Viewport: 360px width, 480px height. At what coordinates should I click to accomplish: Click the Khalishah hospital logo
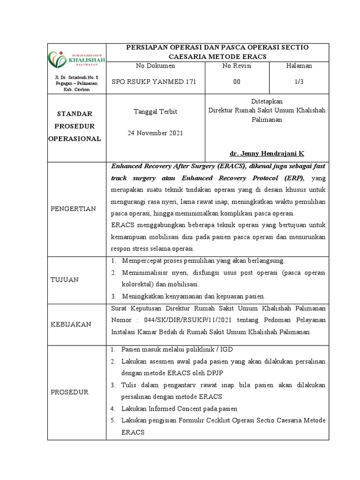77,59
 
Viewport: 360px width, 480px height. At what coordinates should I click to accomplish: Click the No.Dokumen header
155,66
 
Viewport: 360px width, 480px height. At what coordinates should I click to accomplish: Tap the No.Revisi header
237,66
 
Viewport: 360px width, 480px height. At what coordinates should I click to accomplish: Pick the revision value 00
237,82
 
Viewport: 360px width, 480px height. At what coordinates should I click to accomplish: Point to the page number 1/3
299,82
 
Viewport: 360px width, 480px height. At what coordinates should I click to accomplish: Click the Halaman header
299,66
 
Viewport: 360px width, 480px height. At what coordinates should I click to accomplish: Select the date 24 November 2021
155,133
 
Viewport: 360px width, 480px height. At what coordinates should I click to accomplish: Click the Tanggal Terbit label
155,111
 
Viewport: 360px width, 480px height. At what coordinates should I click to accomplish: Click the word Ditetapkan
267,101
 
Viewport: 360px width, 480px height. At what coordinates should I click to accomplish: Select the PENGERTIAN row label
74,208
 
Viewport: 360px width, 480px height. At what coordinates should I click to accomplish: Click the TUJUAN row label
64,279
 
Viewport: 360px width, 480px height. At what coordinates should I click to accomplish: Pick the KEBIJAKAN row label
71,324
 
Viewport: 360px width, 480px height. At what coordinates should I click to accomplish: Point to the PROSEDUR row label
70,392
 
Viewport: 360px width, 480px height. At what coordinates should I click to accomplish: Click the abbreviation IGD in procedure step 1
227,350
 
